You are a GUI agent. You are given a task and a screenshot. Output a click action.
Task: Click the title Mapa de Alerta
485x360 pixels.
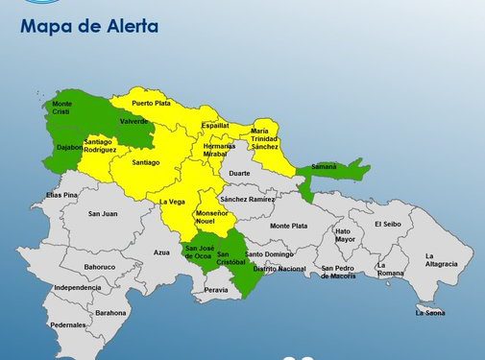[88, 26]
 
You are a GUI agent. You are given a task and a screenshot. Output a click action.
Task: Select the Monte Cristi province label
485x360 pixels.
[62, 108]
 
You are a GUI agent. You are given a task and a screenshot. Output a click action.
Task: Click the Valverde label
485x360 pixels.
[133, 121]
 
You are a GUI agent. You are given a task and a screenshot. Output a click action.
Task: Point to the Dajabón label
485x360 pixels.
[70, 147]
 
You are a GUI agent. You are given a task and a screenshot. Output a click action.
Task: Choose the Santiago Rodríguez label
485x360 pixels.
[100, 146]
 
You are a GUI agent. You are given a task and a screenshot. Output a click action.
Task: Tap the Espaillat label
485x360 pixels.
[215, 125]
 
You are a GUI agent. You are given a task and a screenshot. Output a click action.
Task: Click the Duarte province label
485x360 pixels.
[239, 174]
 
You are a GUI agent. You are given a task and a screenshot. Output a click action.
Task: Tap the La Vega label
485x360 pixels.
[171, 202]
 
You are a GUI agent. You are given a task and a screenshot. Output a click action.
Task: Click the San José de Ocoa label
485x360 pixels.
[199, 252]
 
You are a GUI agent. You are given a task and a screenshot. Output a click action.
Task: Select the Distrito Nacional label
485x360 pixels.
[279, 269]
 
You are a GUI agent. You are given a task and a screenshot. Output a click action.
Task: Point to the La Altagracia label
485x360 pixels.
[442, 260]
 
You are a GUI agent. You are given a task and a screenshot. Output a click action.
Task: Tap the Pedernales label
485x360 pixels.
[68, 324]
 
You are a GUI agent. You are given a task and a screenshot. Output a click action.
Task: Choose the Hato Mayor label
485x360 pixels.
[343, 234]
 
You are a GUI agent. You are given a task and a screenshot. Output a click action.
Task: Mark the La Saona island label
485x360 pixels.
[429, 312]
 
